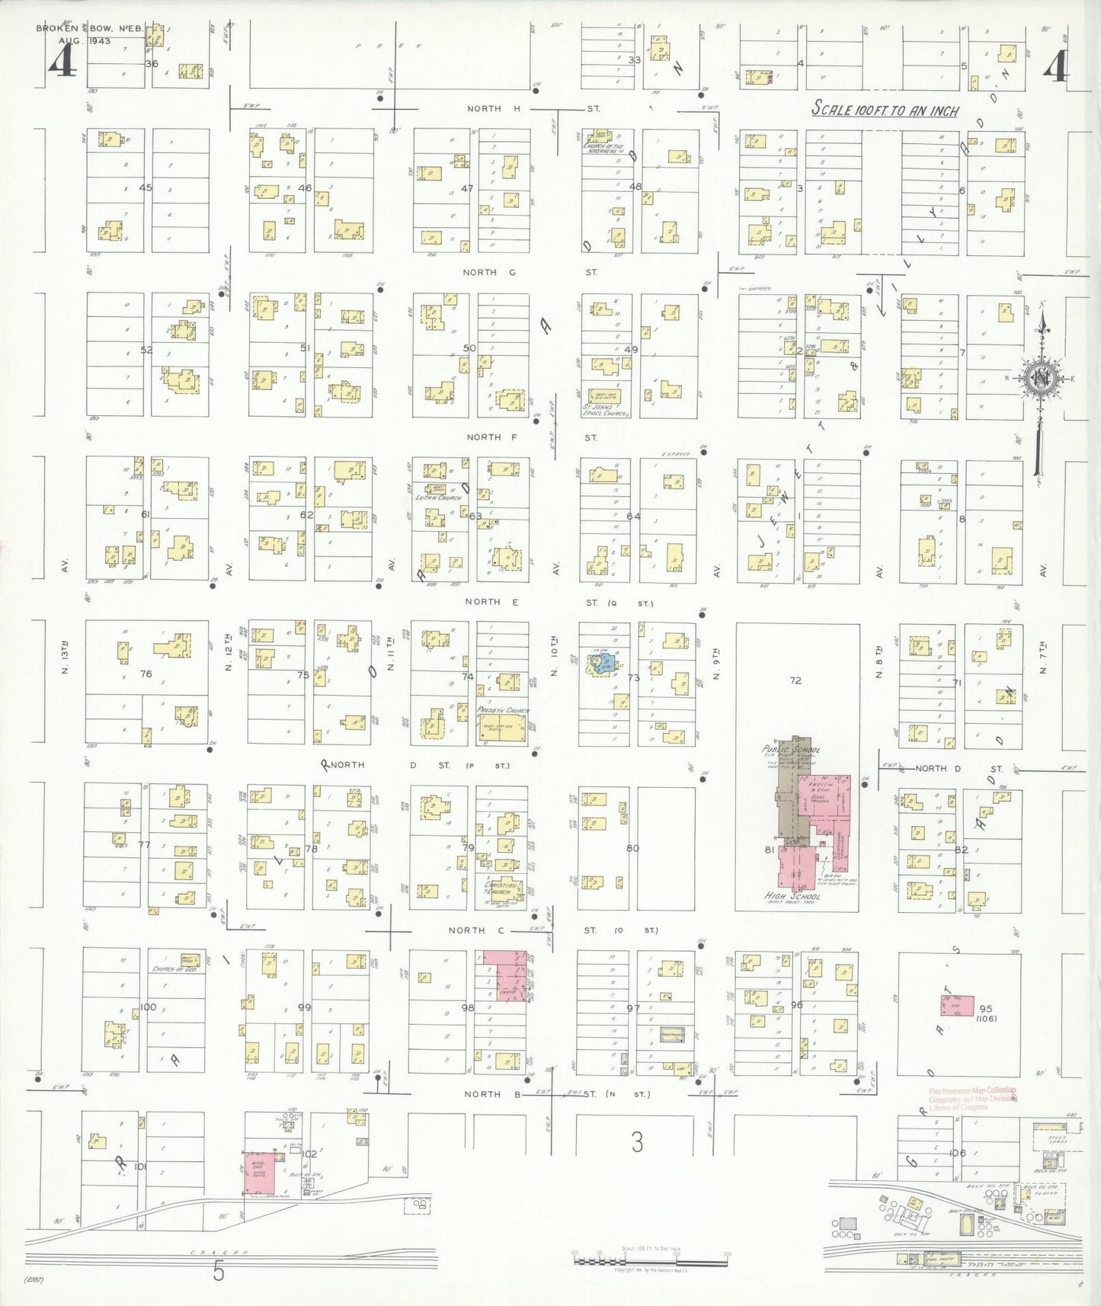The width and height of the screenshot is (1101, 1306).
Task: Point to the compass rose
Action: [1041, 377]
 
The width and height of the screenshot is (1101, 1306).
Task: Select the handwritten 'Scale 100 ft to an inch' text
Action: [884, 109]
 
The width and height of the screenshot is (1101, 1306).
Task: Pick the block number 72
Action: [795, 680]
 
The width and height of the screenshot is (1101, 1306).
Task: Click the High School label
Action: [792, 896]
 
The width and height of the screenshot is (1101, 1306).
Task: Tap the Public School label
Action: [791, 750]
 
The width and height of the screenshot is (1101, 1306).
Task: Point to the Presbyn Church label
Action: [503, 710]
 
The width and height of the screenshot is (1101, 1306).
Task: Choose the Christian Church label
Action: [503, 888]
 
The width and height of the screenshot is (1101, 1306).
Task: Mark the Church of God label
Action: [175, 969]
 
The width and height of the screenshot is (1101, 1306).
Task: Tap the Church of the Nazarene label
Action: [603, 149]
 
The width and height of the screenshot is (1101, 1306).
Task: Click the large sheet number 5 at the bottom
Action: [219, 1272]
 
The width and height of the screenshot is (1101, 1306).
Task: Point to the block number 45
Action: [146, 188]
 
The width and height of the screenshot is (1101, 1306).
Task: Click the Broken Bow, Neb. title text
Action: [88, 28]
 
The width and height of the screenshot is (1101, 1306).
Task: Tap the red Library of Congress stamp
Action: [971, 1099]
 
